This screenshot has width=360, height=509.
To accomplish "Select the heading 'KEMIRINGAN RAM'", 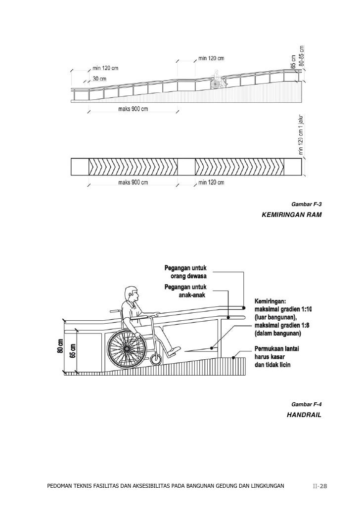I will [292, 215].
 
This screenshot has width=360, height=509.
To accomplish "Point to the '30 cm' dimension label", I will [99, 79].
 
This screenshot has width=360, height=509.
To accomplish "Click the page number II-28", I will [320, 486].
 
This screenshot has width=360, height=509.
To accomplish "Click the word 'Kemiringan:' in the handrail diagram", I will [273, 300].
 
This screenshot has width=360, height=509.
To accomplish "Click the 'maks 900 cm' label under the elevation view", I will [133, 109].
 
